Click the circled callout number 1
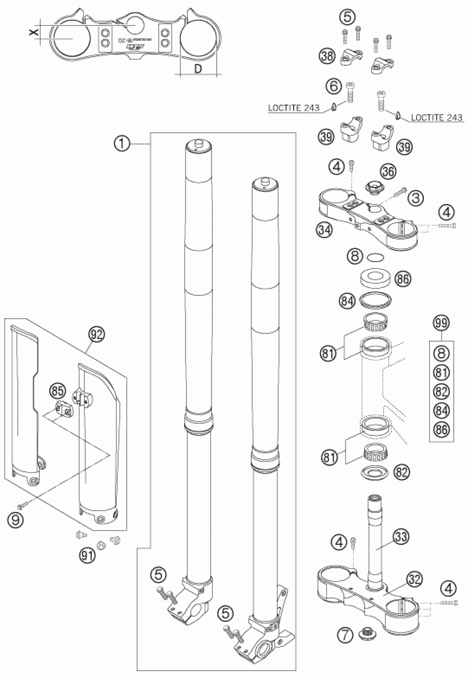coord(122,145)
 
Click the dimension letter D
coord(198,69)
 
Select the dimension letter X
coord(35,32)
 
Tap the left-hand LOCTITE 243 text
coord(294,108)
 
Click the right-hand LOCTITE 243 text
coord(437,118)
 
